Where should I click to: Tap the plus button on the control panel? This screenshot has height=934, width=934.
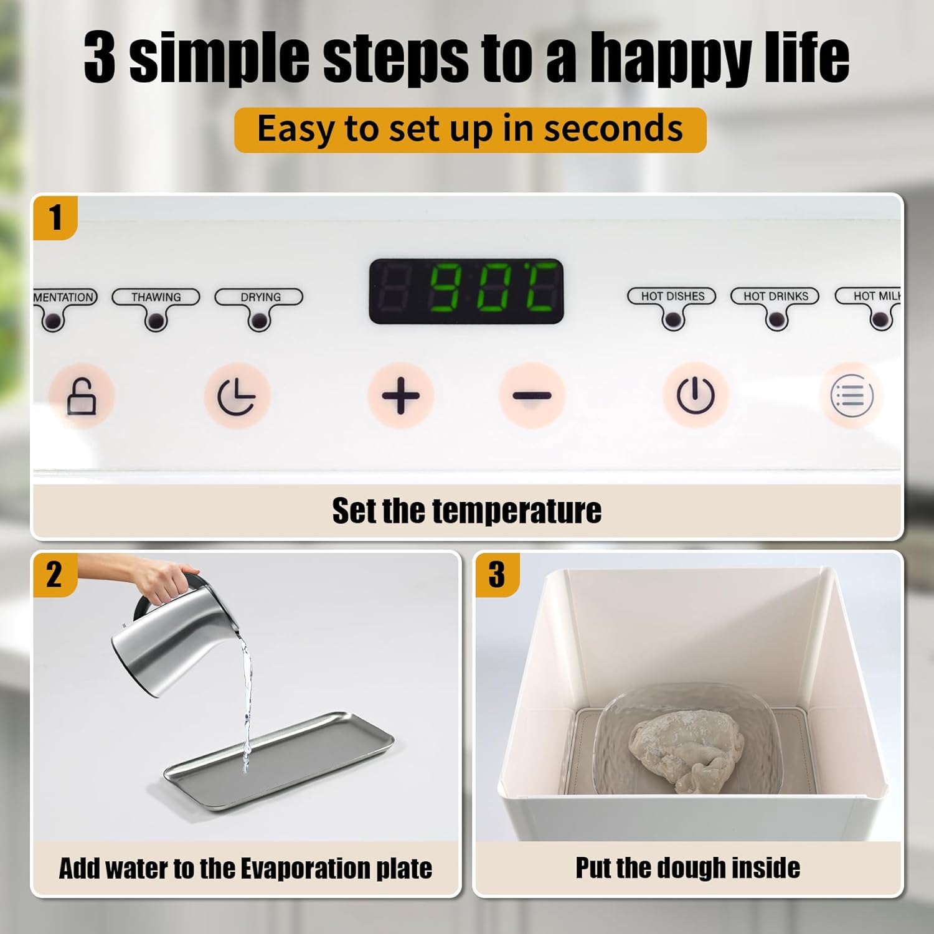[x=400, y=395]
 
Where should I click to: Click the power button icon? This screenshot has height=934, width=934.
[x=695, y=395]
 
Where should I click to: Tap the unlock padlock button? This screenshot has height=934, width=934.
[x=82, y=396]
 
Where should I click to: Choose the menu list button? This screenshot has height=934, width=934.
[x=851, y=395]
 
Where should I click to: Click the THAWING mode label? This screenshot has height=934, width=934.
[x=156, y=297]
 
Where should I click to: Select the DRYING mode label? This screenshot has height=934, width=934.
[x=260, y=297]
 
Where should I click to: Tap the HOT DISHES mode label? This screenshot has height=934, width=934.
[x=672, y=296]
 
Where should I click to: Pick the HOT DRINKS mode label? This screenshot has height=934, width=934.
[x=775, y=296]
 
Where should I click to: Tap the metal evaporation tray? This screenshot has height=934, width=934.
[x=280, y=760]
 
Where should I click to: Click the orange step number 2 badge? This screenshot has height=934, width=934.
[x=54, y=574]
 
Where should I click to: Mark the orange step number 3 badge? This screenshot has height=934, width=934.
[x=496, y=574]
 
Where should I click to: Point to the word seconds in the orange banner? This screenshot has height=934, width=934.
[x=613, y=129]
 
